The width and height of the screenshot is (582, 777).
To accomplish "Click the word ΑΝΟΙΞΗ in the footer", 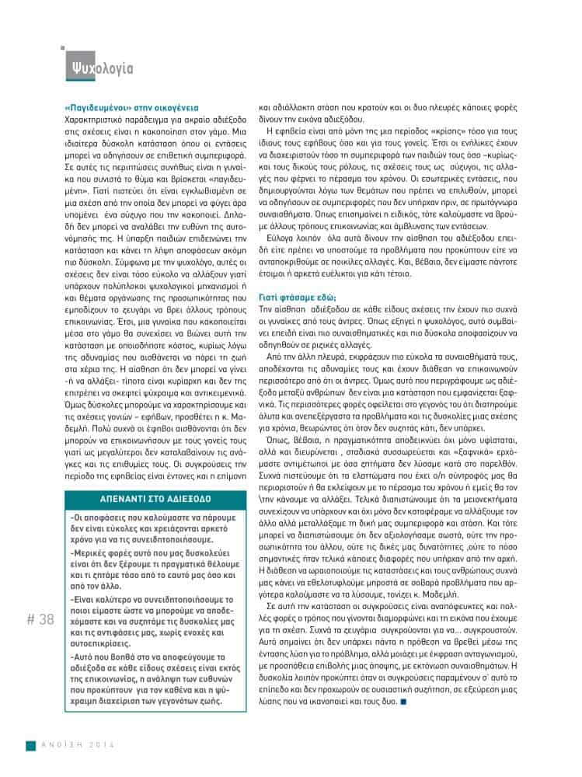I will click(x=63, y=746).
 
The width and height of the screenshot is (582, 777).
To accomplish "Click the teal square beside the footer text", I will click(x=31, y=746).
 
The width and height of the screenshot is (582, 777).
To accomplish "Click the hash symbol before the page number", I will click(x=30, y=619).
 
